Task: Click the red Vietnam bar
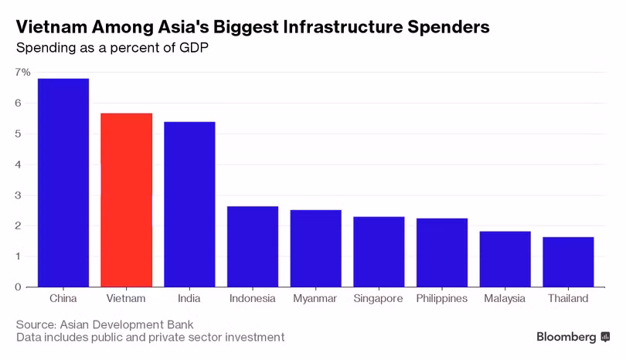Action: (x=127, y=200)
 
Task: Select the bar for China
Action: (x=63, y=182)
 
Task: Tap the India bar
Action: (x=189, y=204)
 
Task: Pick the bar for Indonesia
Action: (x=253, y=246)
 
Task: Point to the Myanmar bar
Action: (x=316, y=248)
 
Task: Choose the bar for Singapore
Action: (x=379, y=252)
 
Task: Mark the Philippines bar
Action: (x=442, y=253)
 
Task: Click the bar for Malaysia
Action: (x=505, y=259)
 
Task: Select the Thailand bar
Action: (x=568, y=262)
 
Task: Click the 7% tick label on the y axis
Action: (x=22, y=72)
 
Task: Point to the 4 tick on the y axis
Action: (x=19, y=165)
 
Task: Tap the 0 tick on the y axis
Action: (x=19, y=287)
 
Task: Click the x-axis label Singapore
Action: (x=379, y=299)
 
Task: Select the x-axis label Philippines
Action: (x=442, y=299)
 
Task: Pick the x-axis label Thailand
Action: (x=568, y=299)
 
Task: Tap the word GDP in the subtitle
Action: (x=194, y=47)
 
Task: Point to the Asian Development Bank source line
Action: (x=105, y=324)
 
